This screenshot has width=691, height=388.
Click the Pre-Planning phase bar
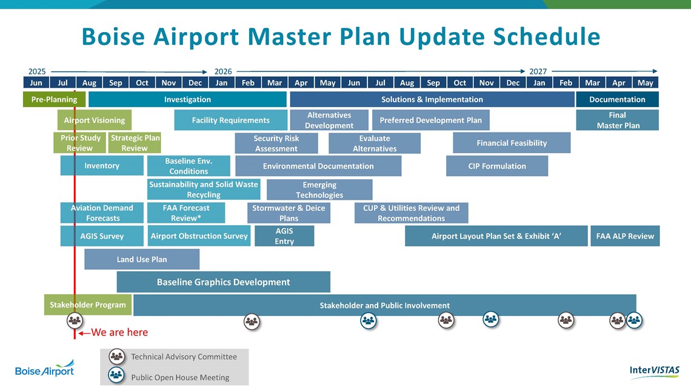pyautogui.click(x=54, y=99)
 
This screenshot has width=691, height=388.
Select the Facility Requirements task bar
pyautogui.click(x=230, y=120)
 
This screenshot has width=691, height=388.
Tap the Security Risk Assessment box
pyautogui.click(x=276, y=143)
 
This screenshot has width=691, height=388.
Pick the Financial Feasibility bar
pyautogui.click(x=512, y=143)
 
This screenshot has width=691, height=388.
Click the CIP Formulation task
pyautogui.click(x=497, y=166)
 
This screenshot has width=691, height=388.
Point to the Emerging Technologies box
pyautogui.click(x=319, y=189)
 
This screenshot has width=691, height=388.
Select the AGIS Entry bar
pyautogui.click(x=284, y=236)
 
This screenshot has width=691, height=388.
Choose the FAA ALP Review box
pyautogui.click(x=625, y=236)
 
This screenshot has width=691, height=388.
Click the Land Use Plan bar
pyautogui.click(x=142, y=259)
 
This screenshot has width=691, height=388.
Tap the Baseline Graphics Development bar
pyautogui.click(x=224, y=282)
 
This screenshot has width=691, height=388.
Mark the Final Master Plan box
pyautogui.click(x=618, y=120)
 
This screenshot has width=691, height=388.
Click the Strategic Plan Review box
pyautogui.click(x=135, y=143)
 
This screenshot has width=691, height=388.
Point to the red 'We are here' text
pyautogui.click(x=119, y=332)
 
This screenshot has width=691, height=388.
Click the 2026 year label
pyautogui.click(x=223, y=71)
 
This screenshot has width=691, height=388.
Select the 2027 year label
pyautogui.click(x=538, y=71)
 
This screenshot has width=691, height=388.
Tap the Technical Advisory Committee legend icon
pyautogui.click(x=117, y=357)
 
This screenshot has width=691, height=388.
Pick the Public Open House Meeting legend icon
pyautogui.click(x=116, y=375)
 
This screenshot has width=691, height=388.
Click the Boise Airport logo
pyautogui.click(x=44, y=368)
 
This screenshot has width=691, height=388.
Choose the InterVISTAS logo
pyautogui.click(x=655, y=371)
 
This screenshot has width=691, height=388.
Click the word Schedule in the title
pyautogui.click(x=547, y=36)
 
